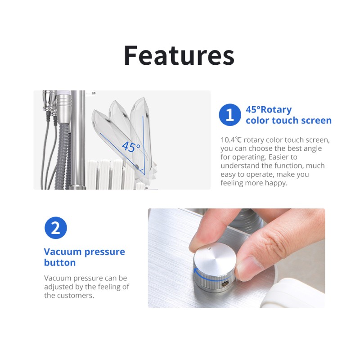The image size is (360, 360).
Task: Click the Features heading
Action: pos(179,55)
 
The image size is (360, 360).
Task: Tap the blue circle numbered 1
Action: pos(230,115)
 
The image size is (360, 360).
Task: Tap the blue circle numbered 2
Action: pos(55,228)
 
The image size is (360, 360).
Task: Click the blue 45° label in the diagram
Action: pos(131,147)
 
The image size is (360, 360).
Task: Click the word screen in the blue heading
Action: pos(316,121)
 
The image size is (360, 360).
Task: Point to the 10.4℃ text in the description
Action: pos(231,140)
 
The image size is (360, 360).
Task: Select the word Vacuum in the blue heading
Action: pos(63,252)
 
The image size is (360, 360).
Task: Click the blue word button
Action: pos(60,263)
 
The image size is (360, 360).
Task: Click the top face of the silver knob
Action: pos(215,256)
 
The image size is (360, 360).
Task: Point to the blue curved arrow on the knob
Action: pos(210,277)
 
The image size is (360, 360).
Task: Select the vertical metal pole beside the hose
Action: pos(78,140)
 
